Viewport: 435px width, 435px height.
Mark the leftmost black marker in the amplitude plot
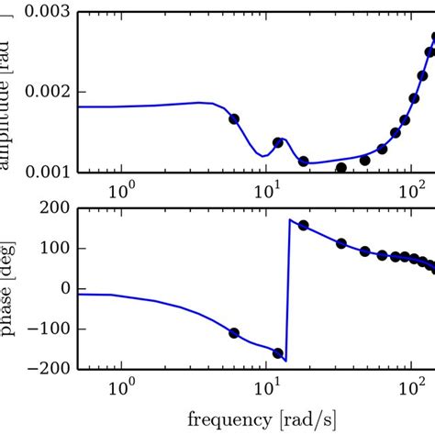point(234,118)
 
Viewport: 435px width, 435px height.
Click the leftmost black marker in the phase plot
point(234,333)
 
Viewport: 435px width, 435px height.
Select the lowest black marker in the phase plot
point(278,352)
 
